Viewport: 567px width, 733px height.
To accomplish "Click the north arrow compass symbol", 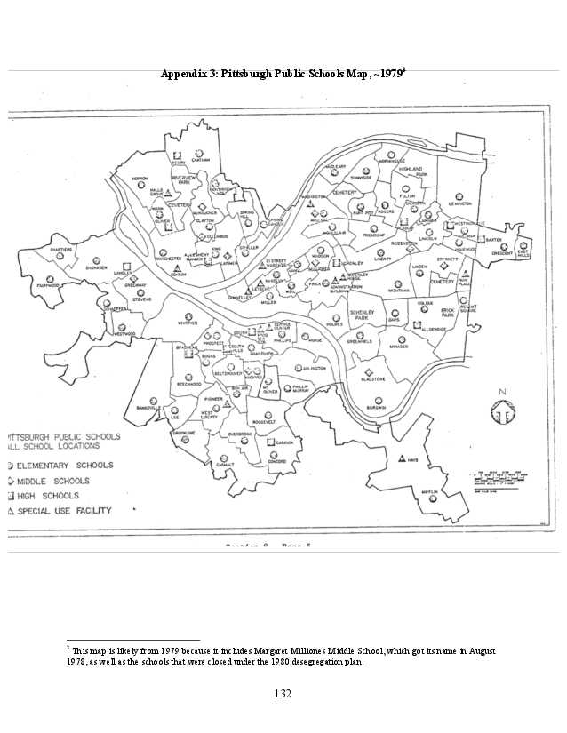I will point(502,411).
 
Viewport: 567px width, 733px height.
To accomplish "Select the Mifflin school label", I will point(435,513).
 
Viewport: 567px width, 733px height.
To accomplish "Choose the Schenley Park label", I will point(361,316).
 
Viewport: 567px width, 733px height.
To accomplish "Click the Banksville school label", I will point(140,408).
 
